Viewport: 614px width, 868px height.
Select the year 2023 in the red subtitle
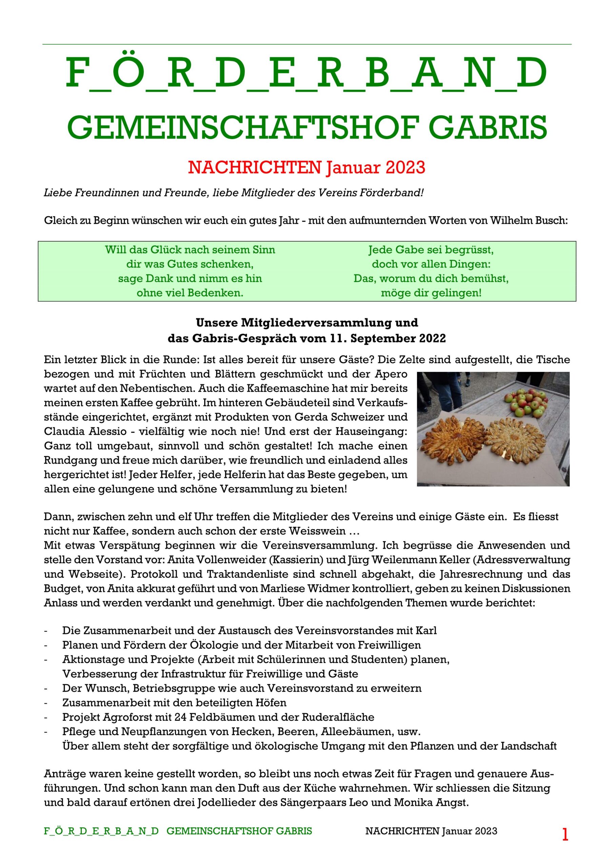click(406, 167)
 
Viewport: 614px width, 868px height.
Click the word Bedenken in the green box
click(217, 293)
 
